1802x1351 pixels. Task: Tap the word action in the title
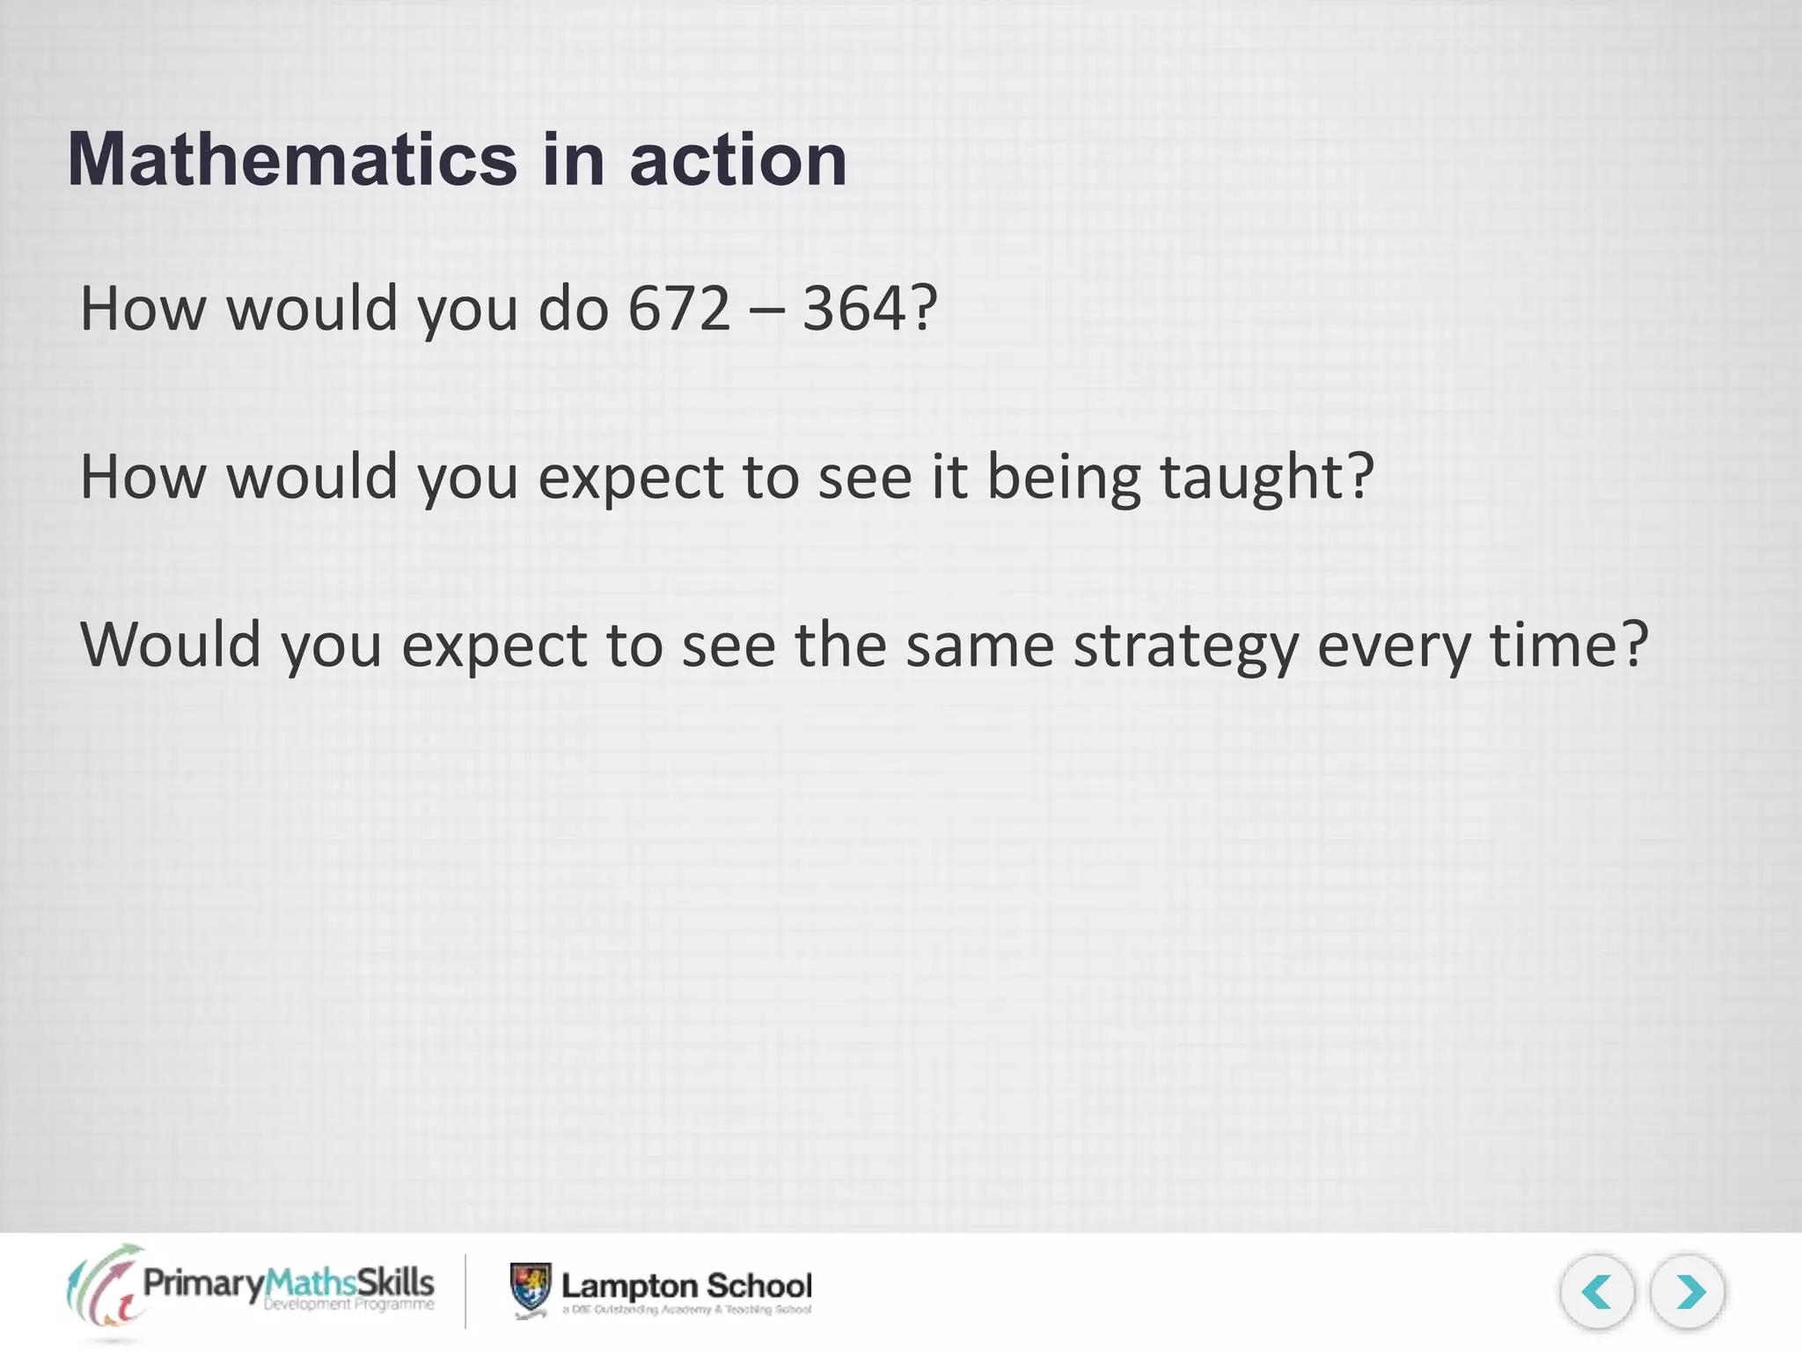[x=738, y=160]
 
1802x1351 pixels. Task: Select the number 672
[x=678, y=310]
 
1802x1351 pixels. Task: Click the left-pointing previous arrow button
[x=1597, y=1292]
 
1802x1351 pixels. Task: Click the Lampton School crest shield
[x=531, y=1288]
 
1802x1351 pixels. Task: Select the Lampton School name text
[x=686, y=1286]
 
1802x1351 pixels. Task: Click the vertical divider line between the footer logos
[x=465, y=1290]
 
